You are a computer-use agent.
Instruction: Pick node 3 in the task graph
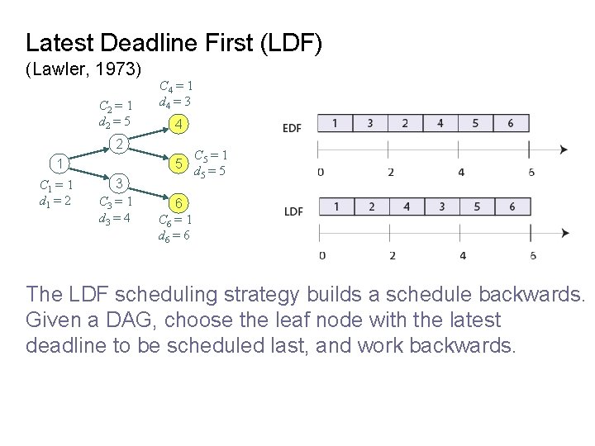(119, 183)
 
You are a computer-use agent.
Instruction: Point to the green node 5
(175, 164)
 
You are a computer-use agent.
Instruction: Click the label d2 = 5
(112, 122)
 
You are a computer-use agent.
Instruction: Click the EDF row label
(293, 128)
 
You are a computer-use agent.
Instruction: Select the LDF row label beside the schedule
(293, 211)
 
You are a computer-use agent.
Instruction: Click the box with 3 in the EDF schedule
(370, 123)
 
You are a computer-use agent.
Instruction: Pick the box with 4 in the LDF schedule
(406, 206)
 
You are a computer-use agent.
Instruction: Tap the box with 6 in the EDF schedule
(512, 123)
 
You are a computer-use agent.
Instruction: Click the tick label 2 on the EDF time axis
(391, 172)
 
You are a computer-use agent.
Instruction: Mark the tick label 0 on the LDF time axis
(321, 255)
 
